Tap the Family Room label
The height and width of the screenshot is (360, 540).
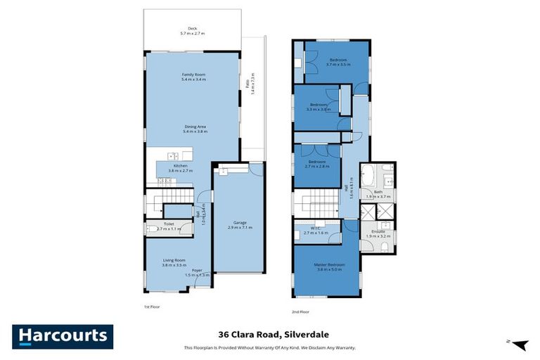click(193, 77)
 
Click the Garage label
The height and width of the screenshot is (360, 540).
click(240, 224)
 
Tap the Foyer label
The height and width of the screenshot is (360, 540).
click(197, 272)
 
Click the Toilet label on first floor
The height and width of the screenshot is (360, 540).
click(160, 226)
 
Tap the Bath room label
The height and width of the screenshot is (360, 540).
click(378, 194)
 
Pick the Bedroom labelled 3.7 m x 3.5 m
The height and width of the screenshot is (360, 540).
click(337, 62)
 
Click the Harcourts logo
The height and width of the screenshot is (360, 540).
click(63, 336)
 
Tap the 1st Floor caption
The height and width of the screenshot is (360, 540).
click(152, 307)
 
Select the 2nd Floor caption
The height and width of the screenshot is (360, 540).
click(300, 311)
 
